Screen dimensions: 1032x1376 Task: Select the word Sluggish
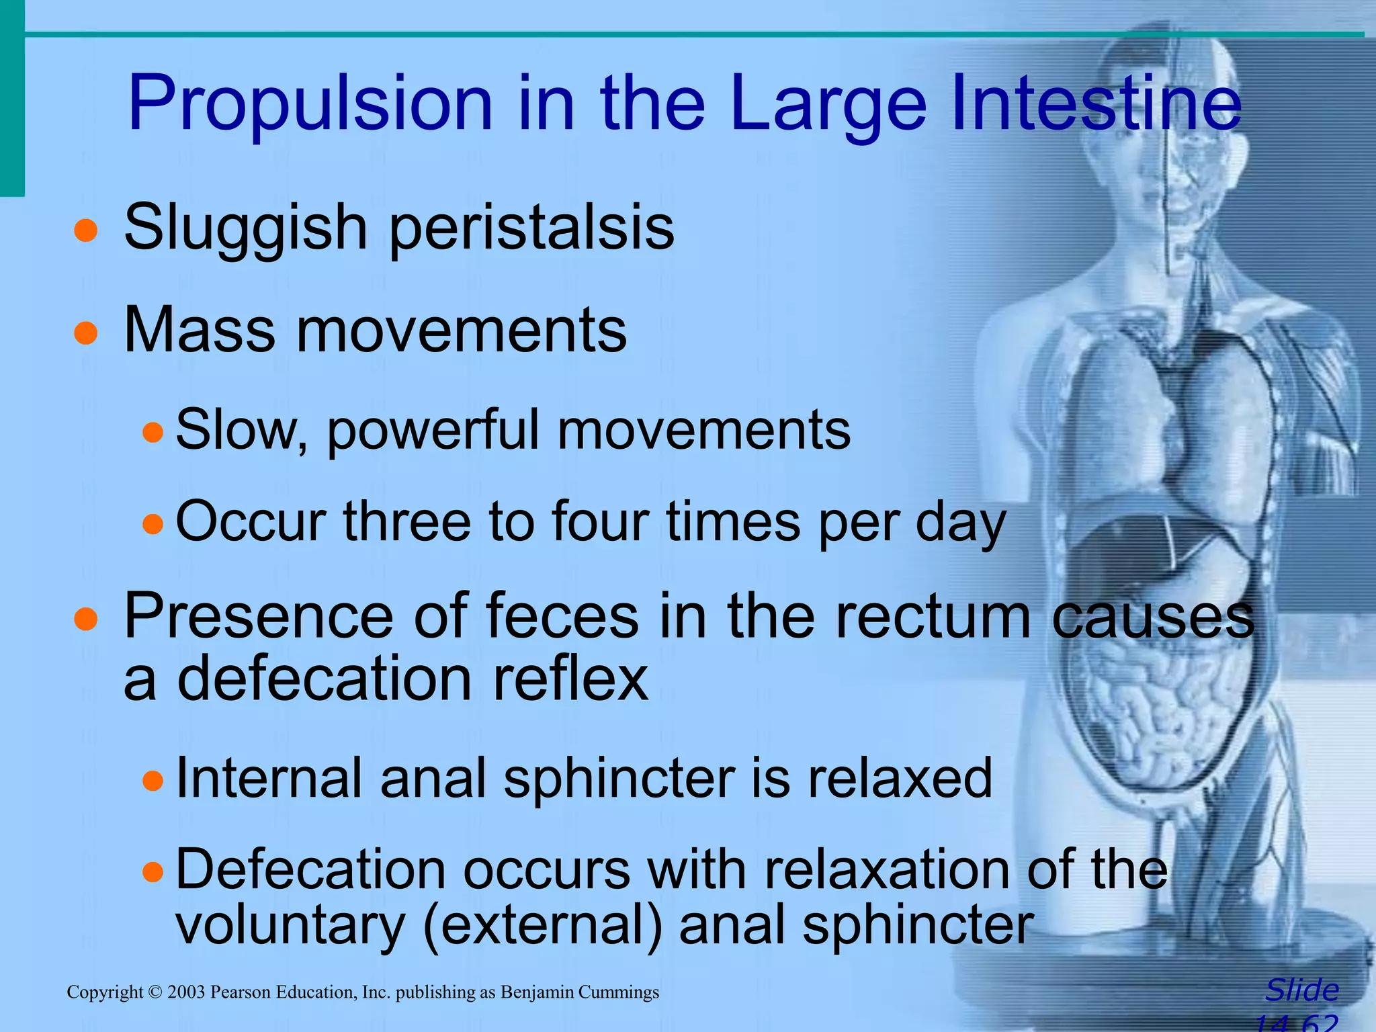245,228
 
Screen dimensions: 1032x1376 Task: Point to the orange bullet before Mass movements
86,332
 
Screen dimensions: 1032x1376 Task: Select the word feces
561,617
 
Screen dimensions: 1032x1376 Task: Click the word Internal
269,779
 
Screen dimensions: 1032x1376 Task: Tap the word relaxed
900,779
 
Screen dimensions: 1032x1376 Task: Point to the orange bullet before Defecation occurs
153,873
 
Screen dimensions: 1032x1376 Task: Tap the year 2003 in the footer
186,992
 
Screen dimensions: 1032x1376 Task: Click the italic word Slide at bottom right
1301,990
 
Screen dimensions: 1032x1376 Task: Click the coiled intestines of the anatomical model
1156,712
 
